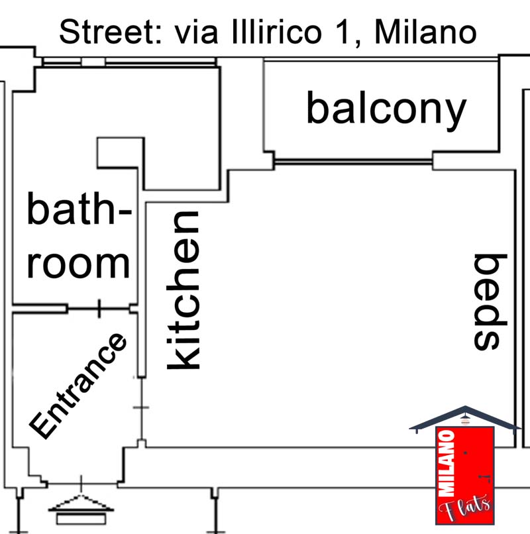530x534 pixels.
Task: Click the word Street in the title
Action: [x=107, y=31]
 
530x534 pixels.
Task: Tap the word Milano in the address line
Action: [x=425, y=31]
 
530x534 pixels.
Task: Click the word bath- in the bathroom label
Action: [x=78, y=211]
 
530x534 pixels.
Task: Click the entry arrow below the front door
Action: [x=81, y=505]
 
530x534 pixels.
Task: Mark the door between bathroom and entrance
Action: [x=99, y=309]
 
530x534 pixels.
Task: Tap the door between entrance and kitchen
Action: [x=141, y=407]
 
